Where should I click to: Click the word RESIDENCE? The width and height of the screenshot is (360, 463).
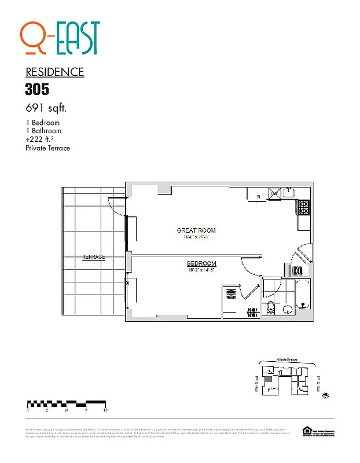(55, 72)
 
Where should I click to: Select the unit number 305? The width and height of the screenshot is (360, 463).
(37, 89)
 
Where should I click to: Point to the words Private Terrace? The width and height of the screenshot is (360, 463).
(47, 148)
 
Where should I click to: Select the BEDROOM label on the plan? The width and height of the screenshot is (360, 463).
(201, 264)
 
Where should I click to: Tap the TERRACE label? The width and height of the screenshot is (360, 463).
(94, 257)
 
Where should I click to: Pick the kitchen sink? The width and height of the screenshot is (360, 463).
(289, 193)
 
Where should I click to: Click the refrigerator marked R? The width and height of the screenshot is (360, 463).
(258, 196)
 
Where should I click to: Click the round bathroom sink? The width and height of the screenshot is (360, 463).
(288, 310)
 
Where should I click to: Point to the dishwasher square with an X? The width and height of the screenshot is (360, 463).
(274, 193)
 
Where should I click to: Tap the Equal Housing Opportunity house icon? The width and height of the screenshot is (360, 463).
(306, 430)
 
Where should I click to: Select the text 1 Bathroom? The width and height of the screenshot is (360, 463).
(43, 131)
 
